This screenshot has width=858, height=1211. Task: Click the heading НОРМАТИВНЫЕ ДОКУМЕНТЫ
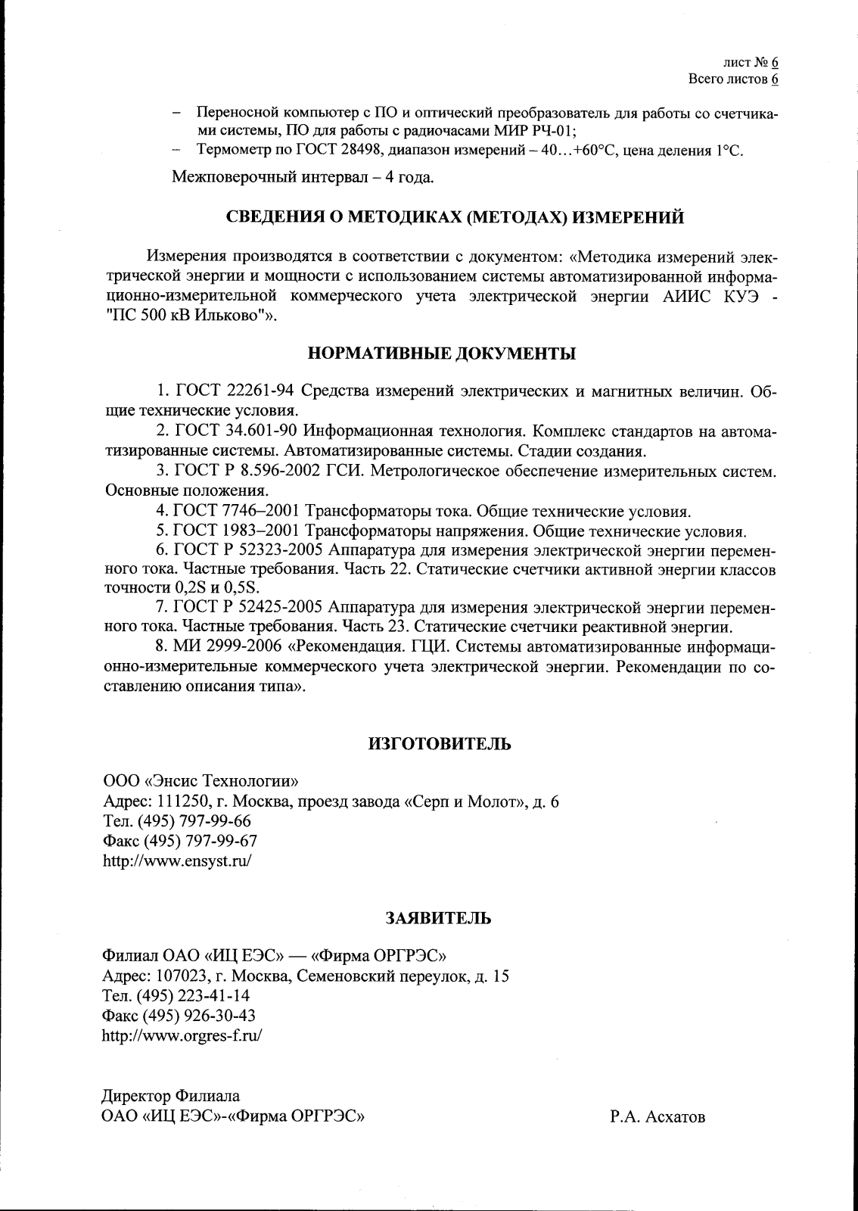[441, 353]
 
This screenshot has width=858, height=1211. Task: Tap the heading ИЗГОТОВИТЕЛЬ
[439, 743]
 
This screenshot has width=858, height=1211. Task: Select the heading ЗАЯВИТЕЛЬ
[439, 918]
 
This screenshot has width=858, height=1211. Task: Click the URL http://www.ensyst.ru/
[176, 861]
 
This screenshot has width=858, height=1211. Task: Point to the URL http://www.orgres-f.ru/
[182, 1035]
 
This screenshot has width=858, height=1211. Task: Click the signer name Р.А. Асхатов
[657, 1116]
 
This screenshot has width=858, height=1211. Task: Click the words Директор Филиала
[171, 1096]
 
